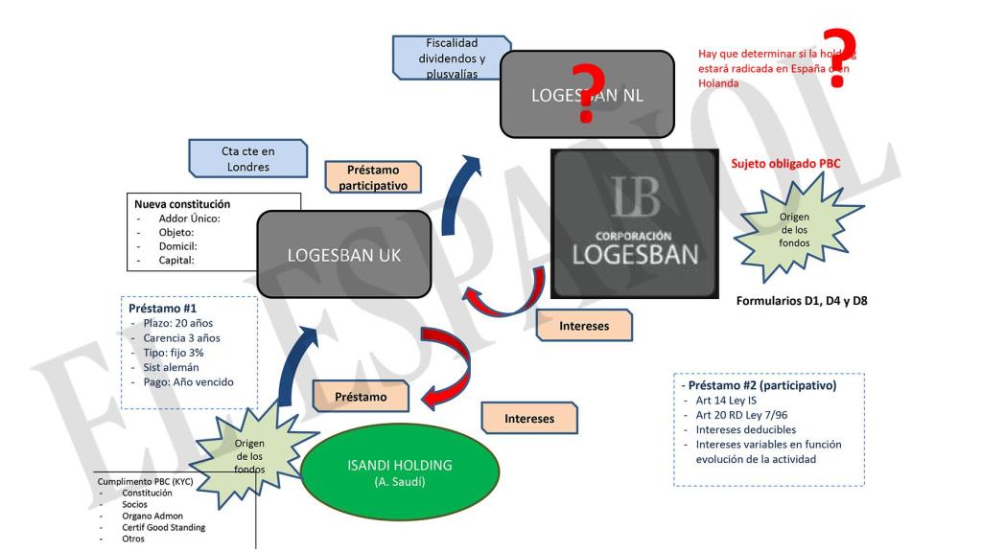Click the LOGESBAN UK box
(x=344, y=255)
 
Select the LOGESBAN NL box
(x=586, y=95)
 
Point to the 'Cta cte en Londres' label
(x=248, y=158)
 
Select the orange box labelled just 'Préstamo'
(x=361, y=395)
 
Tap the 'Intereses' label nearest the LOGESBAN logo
(x=583, y=326)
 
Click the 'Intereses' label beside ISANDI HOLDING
(x=529, y=418)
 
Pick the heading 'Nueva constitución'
(x=182, y=204)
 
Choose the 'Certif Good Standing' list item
(x=163, y=527)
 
